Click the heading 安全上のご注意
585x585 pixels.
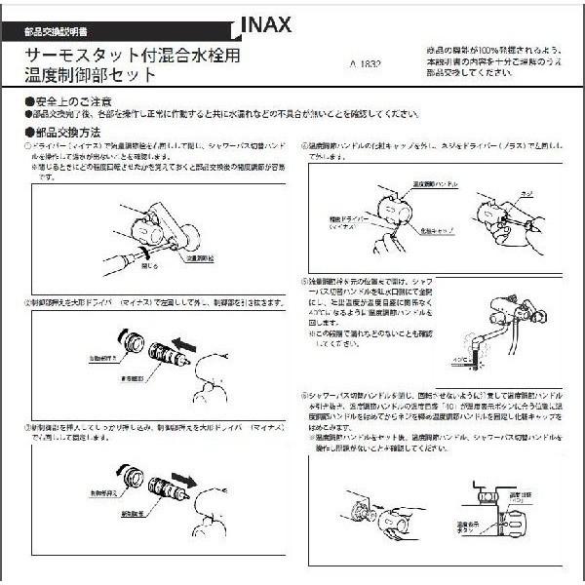68,101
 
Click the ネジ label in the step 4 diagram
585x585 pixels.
528,193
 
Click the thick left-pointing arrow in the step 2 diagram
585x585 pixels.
187,347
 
